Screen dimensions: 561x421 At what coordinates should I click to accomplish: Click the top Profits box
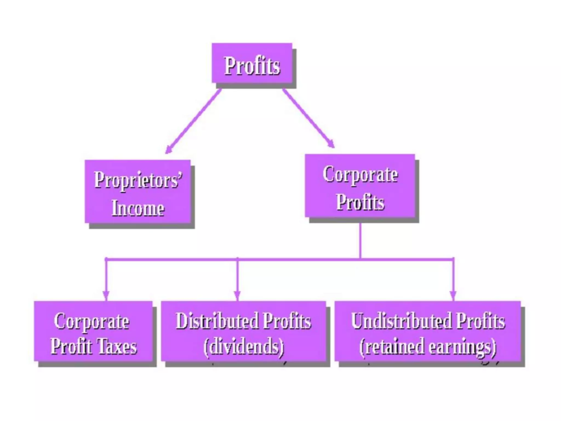[252, 63]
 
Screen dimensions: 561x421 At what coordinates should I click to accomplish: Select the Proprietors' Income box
[138, 191]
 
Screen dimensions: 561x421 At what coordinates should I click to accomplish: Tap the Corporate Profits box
[360, 186]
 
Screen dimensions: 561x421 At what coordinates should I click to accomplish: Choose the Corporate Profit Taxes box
[93, 331]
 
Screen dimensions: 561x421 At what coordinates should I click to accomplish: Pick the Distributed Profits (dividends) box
[244, 331]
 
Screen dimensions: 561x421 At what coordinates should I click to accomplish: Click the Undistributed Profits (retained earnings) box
[428, 331]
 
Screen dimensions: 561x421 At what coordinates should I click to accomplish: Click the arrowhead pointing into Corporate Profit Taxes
[106, 295]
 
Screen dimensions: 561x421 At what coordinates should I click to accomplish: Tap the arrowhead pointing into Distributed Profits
[237, 295]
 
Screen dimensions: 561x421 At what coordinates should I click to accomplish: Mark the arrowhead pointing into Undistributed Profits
[453, 295]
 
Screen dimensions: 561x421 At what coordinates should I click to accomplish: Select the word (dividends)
[244, 347]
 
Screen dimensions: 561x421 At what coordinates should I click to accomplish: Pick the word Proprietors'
[138, 180]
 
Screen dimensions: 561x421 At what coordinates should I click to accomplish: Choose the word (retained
[392, 347]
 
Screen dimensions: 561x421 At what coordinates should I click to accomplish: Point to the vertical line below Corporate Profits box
[360, 240]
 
